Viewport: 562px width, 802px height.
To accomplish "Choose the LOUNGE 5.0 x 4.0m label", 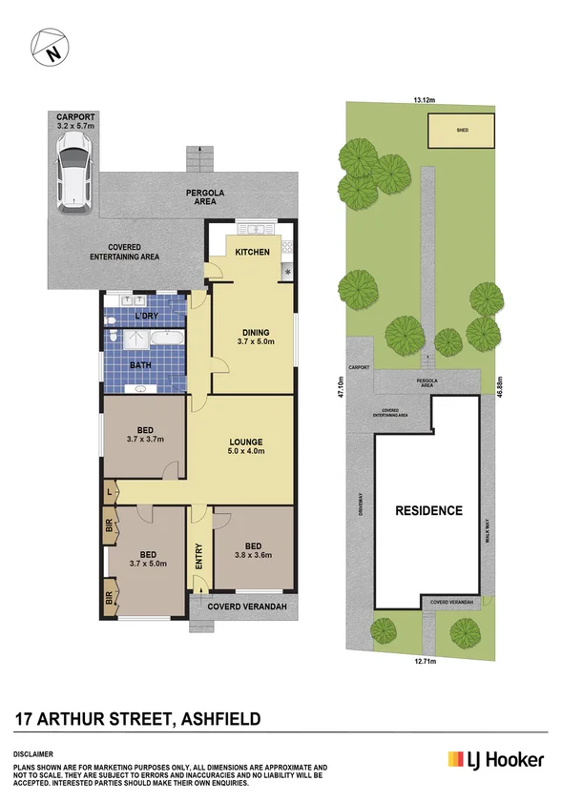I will point(245,447).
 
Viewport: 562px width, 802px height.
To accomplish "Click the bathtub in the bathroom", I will point(166,339).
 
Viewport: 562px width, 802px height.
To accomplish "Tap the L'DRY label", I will point(146,316).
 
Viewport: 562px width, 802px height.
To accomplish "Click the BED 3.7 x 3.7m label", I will point(146,434).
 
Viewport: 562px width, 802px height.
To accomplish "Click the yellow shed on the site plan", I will point(462,131).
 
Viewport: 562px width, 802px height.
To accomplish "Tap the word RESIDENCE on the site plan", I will point(428,510).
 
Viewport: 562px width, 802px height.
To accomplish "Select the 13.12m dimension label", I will point(425,97).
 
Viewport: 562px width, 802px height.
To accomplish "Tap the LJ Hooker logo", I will point(496,760).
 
